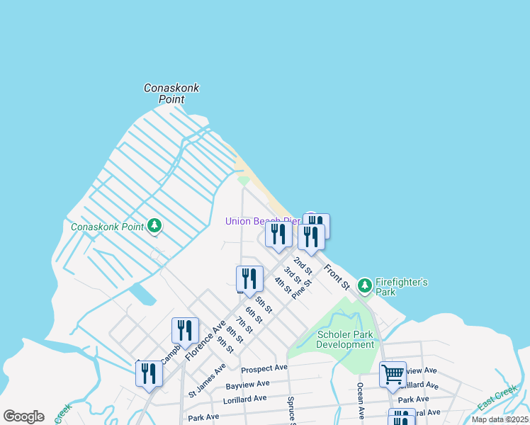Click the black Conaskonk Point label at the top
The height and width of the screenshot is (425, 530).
click(x=171, y=93)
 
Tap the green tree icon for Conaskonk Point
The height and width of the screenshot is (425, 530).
click(x=154, y=227)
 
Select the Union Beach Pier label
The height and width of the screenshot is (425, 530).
click(x=262, y=221)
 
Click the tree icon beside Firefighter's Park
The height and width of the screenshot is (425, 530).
click(x=365, y=285)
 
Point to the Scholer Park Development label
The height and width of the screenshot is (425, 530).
click(x=345, y=339)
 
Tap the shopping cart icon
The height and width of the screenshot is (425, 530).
click(x=393, y=373)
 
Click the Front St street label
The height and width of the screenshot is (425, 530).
click(x=337, y=277)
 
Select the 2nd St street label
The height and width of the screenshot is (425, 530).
click(x=303, y=266)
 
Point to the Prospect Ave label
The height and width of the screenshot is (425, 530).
click(x=264, y=368)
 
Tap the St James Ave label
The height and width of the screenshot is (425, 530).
click(x=207, y=380)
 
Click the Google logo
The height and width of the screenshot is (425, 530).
click(x=23, y=416)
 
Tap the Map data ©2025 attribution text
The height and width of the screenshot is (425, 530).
click(x=500, y=419)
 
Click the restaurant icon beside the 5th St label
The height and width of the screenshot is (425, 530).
click(x=249, y=278)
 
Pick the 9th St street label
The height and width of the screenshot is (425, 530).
click(x=225, y=344)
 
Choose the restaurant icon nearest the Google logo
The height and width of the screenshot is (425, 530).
click(x=149, y=373)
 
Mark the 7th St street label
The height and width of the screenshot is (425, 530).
click(x=244, y=327)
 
